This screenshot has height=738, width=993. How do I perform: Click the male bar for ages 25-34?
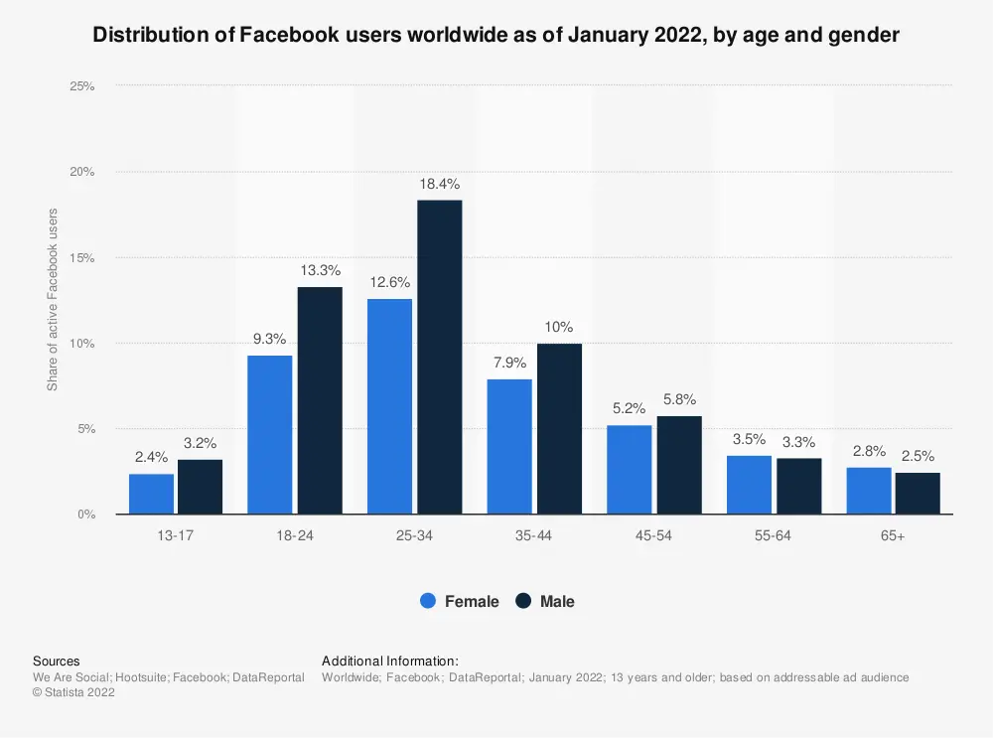coord(439,358)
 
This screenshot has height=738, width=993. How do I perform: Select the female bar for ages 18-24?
coord(270,435)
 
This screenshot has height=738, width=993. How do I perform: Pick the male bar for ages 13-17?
coord(200,487)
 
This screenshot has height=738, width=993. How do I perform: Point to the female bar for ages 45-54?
coord(630,470)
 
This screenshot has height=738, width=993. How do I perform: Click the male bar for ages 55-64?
coord(798,486)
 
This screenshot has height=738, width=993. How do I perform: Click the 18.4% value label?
coord(439,185)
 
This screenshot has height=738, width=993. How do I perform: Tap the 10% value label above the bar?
coord(558,328)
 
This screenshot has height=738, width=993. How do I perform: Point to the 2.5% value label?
coord(918,457)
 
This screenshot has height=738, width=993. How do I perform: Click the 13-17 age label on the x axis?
coord(175,535)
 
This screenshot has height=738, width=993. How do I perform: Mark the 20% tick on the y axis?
coord(81,172)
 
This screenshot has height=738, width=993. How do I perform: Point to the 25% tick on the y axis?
coord(81,86)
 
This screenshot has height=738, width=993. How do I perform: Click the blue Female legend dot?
coord(429,601)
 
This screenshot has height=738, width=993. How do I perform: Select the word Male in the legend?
coord(557,601)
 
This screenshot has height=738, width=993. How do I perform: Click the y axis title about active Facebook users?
coord(53,299)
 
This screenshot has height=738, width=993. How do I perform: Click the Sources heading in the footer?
coord(57,661)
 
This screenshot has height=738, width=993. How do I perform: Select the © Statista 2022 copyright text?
coord(73,693)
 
